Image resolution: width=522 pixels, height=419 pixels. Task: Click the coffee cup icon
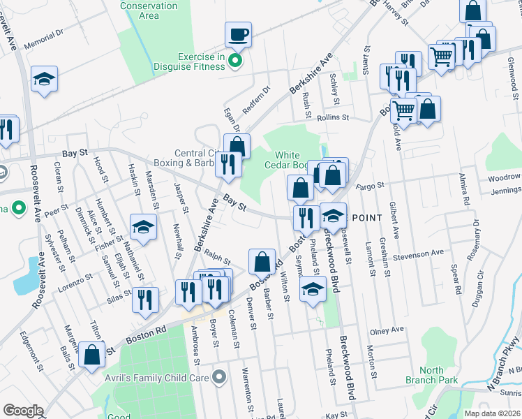pyautogui.click(x=238, y=34)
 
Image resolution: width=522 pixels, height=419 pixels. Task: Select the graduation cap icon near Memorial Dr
pyautogui.click(x=44, y=79)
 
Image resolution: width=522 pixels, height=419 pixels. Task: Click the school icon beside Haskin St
pyautogui.click(x=143, y=227)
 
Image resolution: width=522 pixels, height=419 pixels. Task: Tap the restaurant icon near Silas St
pyautogui.click(x=145, y=300)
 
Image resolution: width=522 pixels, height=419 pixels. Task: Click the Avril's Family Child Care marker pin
pyautogui.click(x=220, y=378)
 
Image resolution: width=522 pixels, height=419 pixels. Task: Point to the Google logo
pyautogui.click(x=23, y=411)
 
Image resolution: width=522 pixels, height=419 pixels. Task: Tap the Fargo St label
pyautogui.click(x=371, y=186)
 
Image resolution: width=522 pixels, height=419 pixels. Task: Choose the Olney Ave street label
pyautogui.click(x=387, y=330)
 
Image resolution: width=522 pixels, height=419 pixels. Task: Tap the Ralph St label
pyautogui.click(x=217, y=260)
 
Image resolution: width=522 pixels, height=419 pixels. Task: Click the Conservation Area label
pyautogui.click(x=149, y=10)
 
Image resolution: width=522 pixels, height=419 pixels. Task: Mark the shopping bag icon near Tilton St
pyautogui.click(x=92, y=354)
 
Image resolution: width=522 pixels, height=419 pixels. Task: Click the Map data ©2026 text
pyautogui.click(x=492, y=413)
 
